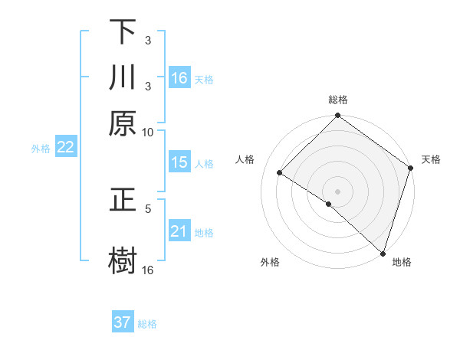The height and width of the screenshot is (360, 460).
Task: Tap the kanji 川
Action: [123, 77]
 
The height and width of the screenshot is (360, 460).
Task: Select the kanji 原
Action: [123, 123]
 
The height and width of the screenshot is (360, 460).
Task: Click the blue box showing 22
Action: [65, 147]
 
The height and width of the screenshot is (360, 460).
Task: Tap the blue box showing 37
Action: [123, 322]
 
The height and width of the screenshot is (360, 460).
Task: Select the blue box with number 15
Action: [179, 162]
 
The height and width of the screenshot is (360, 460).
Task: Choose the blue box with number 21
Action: [179, 231]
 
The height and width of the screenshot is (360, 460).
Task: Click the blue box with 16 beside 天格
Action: [179, 78]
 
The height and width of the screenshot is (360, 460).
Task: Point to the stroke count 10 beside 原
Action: [148, 132]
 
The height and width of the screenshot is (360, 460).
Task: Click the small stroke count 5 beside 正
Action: [148, 208]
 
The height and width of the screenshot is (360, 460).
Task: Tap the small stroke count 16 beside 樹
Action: [148, 270]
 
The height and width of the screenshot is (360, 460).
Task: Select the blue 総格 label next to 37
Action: [147, 324]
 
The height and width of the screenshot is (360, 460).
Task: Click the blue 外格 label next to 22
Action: [41, 149]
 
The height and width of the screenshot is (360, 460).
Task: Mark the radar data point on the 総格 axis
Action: [337, 116]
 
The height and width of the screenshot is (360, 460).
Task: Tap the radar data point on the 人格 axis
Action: [280, 173]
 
